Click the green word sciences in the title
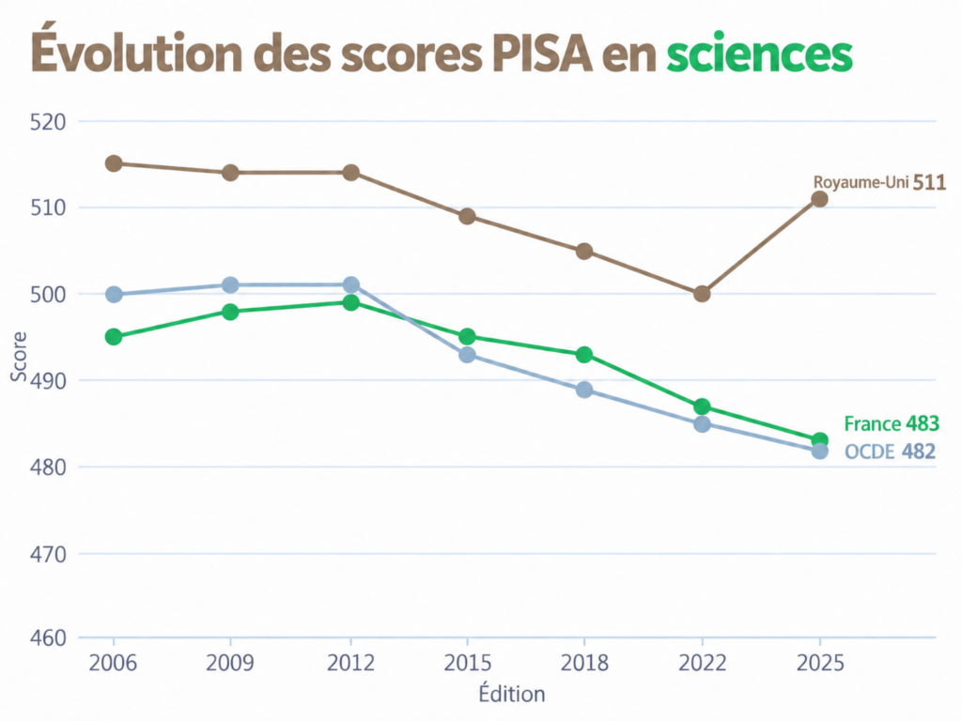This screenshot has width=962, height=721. coord(759,54)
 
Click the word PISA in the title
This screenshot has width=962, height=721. coord(542,54)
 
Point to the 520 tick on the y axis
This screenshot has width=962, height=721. coord(48,122)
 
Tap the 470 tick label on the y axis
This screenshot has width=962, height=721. coord(48,554)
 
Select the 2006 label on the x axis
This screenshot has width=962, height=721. coord(113,663)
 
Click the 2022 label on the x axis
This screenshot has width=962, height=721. coord(702,663)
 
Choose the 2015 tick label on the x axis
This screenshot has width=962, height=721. coord(468,663)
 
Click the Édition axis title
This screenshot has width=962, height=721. coord(512,694)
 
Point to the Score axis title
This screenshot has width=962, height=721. coord(19,356)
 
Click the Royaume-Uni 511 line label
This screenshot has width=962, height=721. coord(879,182)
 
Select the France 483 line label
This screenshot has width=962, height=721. coord(892,423)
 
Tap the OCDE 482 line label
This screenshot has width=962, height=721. coord(890,452)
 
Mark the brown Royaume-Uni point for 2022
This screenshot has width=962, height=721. coord(702,294)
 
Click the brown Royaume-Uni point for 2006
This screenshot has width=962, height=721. coord(114,163)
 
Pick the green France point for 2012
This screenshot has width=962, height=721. coord(351,302)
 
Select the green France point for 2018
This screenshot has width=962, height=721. coord(584,355)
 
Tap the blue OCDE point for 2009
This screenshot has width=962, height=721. coord(230,285)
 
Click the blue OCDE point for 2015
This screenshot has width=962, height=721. coord(468,355)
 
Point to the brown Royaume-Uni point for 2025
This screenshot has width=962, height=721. coord(819,199)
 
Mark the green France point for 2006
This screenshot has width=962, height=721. coord(114,337)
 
